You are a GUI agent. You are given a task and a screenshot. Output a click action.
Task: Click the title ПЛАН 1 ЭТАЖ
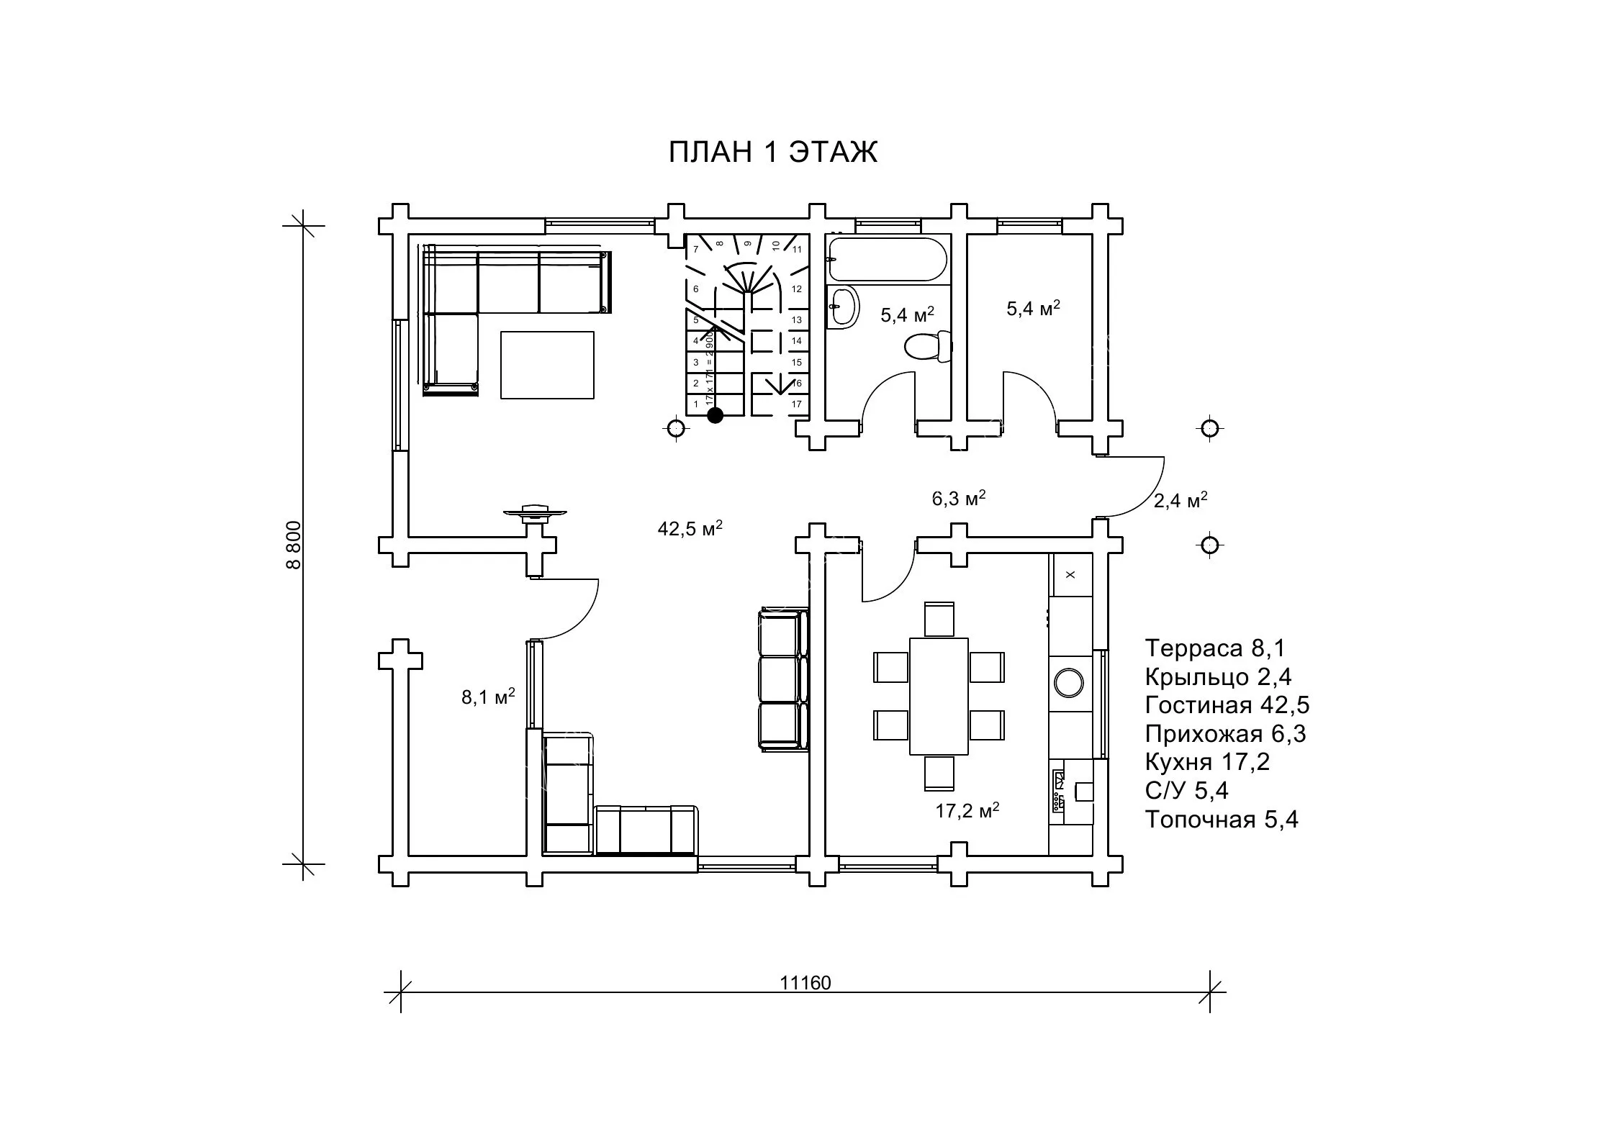[772, 153]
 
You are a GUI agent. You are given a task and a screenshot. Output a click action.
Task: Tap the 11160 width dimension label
[805, 983]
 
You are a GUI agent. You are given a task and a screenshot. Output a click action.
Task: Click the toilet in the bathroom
[929, 347]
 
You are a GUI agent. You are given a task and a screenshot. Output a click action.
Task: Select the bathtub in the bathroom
[888, 259]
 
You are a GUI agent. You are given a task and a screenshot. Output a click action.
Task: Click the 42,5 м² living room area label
[690, 528]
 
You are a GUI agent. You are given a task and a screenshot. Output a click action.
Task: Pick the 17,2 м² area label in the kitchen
[967, 810]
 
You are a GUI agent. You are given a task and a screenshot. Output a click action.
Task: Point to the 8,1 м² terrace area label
[488, 696]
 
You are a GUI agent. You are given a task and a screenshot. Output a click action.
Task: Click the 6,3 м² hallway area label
[958, 497]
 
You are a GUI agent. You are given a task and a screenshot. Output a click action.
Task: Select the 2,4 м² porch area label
[1181, 499]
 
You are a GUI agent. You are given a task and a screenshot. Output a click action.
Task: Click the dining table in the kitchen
[939, 696]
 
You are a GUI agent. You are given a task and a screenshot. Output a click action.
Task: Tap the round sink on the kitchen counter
[1069, 682]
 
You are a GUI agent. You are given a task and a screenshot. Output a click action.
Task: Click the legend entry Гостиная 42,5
[1227, 704]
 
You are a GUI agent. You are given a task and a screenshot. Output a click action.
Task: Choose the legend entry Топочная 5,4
[1222, 819]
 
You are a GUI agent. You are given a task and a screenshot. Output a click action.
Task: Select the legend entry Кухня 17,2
[1207, 761]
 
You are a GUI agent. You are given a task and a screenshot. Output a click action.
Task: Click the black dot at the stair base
[715, 415]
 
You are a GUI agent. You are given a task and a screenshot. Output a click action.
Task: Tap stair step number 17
[797, 404]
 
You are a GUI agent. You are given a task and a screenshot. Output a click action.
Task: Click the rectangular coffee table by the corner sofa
[547, 365]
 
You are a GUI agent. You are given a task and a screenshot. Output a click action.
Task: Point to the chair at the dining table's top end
[939, 620]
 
